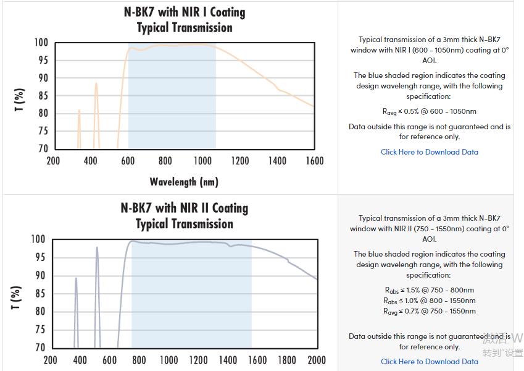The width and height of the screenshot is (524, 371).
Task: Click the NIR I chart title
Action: (184, 20)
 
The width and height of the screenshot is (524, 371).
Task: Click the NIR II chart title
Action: (184, 216)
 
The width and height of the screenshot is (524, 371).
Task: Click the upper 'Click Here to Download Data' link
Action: (429, 152)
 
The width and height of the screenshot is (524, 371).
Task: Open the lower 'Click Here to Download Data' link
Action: (429, 362)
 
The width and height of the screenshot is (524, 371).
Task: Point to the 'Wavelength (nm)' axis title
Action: (184, 181)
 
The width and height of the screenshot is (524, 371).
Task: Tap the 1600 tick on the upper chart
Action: (314, 161)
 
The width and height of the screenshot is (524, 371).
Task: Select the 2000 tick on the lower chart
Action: (317, 360)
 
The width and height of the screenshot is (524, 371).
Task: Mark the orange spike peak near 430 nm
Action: (96, 83)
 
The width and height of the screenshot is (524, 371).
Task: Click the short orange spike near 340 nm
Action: (79, 111)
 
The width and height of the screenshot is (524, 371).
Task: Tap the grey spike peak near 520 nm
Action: (97, 248)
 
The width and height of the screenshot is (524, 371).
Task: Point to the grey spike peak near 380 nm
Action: (76, 278)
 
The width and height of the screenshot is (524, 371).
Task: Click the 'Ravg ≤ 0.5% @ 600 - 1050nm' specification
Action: (429, 112)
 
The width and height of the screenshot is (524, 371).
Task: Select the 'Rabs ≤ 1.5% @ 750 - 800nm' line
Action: (429, 290)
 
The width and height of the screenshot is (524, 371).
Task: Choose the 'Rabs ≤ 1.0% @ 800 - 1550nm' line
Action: (429, 301)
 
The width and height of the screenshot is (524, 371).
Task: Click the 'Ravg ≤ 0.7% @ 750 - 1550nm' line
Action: (429, 311)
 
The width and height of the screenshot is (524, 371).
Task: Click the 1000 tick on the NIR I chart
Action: (202, 161)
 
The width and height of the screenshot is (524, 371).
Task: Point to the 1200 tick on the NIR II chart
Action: (199, 360)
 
